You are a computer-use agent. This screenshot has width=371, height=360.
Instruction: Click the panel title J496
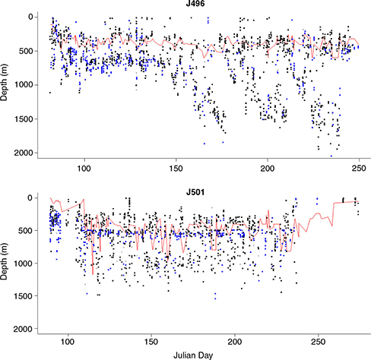coord(199,5)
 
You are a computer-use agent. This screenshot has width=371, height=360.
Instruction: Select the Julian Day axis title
coord(199,355)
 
